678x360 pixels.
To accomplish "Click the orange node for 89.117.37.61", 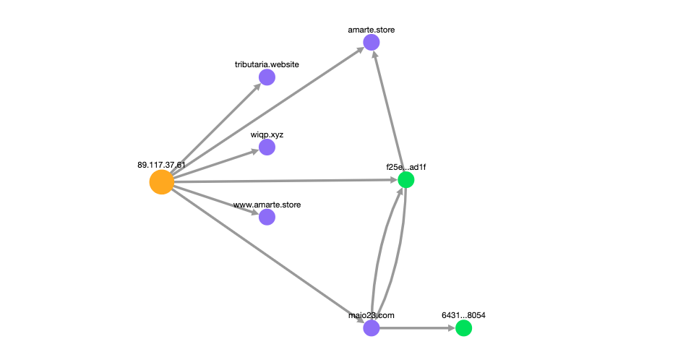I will click(162, 182).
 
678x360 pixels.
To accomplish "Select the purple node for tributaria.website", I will click(267, 77).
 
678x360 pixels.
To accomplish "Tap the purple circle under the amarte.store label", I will click(372, 43).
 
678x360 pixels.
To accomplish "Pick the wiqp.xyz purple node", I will click(267, 147).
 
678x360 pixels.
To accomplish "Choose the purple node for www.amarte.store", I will click(267, 217).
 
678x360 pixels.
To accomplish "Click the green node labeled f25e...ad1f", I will click(406, 179).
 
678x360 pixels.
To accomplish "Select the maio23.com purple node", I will click(372, 328).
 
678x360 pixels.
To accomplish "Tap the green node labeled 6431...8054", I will click(463, 328).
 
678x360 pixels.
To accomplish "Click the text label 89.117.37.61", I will click(161, 165).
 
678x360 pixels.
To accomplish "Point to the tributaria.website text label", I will click(267, 64).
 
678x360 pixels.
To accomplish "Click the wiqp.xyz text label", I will click(267, 134).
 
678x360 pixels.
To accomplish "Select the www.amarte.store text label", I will click(267, 205).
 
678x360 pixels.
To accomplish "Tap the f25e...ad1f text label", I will click(406, 166).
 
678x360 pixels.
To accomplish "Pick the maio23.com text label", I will click(371, 315).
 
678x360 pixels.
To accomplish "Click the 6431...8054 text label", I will click(463, 315).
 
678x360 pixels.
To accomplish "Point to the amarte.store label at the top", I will click(372, 30).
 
